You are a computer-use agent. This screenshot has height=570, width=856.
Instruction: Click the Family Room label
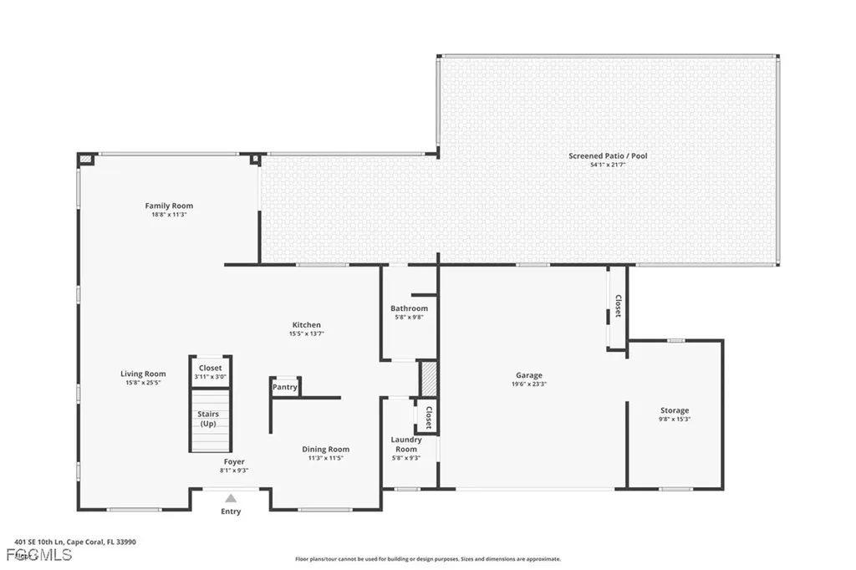[x=169, y=206]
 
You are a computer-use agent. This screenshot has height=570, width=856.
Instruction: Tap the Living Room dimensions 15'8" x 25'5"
[x=143, y=384]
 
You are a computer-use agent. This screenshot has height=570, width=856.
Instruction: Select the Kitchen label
[x=306, y=325]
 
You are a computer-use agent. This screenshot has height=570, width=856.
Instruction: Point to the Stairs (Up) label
[x=208, y=419]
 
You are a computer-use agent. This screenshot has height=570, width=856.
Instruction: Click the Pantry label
[x=284, y=387]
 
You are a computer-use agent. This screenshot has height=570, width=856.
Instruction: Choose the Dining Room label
[x=325, y=449]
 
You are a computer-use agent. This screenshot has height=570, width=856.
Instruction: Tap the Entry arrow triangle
[x=231, y=498]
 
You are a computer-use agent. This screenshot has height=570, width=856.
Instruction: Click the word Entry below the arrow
[x=231, y=511]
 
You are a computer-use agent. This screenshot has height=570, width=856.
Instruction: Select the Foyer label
[x=234, y=461]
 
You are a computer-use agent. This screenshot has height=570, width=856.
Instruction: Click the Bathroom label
[x=409, y=308]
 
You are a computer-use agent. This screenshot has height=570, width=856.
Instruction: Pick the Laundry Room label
[x=405, y=444]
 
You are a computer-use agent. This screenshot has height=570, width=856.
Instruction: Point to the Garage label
[x=528, y=375]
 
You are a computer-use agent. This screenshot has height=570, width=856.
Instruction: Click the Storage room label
[x=675, y=410]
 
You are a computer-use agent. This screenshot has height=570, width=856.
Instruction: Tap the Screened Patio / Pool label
[x=608, y=156]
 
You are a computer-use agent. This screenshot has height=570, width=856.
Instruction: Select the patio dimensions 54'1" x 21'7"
[x=608, y=165]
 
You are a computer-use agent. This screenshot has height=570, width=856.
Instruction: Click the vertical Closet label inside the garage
[x=618, y=307]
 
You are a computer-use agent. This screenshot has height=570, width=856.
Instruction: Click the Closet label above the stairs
[x=210, y=368]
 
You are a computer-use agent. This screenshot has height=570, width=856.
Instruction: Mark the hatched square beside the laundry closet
[x=428, y=379]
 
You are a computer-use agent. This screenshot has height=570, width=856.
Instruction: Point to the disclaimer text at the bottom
[x=428, y=559]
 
